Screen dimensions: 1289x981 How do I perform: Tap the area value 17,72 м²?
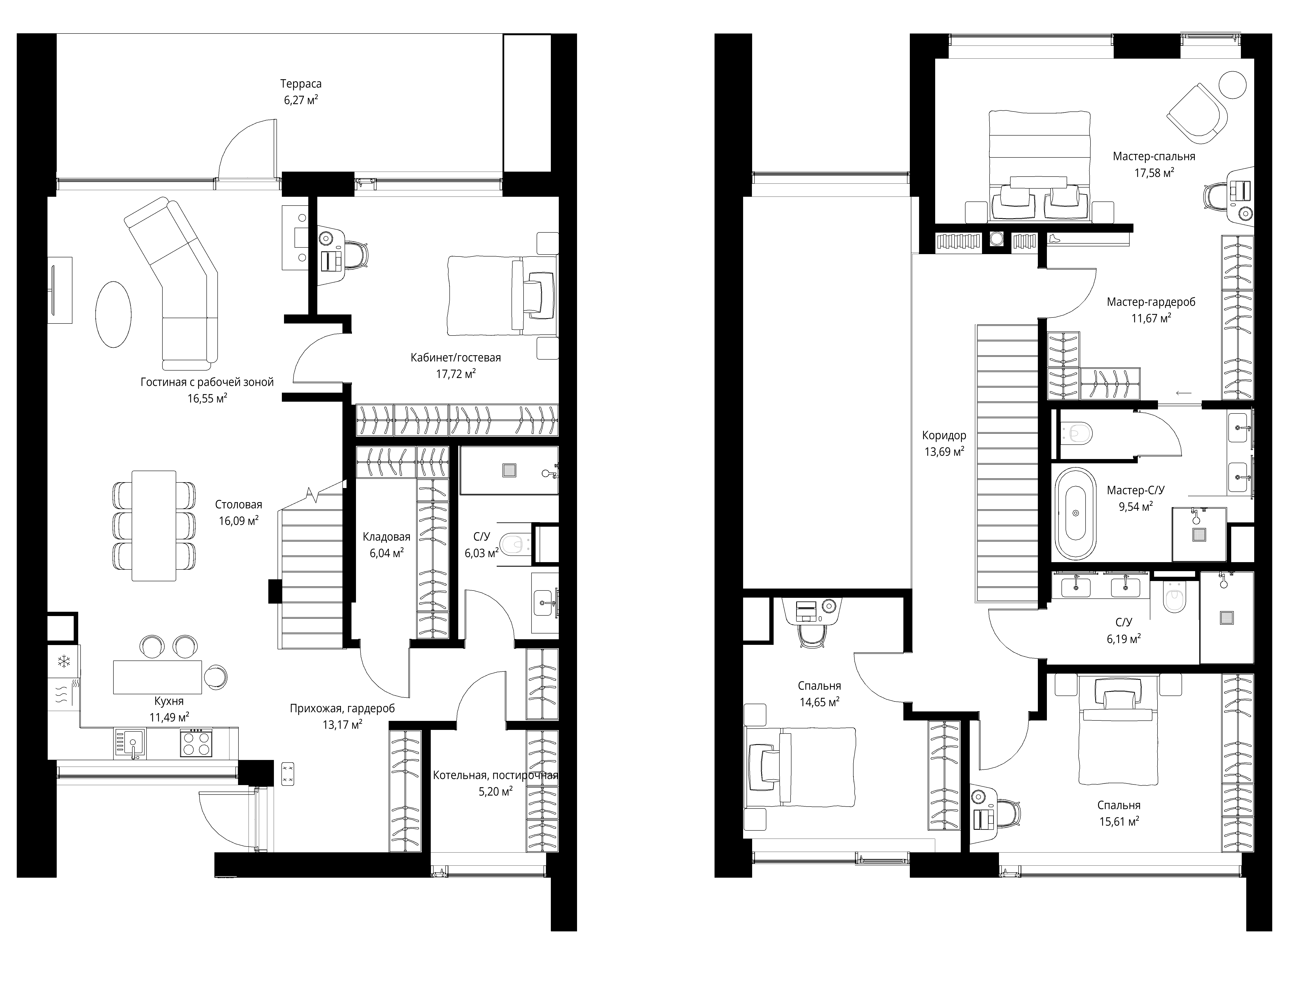456,374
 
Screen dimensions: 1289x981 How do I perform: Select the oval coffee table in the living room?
113,315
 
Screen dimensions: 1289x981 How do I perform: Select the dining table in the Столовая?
154,526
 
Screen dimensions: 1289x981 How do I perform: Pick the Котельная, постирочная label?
495,775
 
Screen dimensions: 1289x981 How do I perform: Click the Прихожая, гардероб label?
342,708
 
